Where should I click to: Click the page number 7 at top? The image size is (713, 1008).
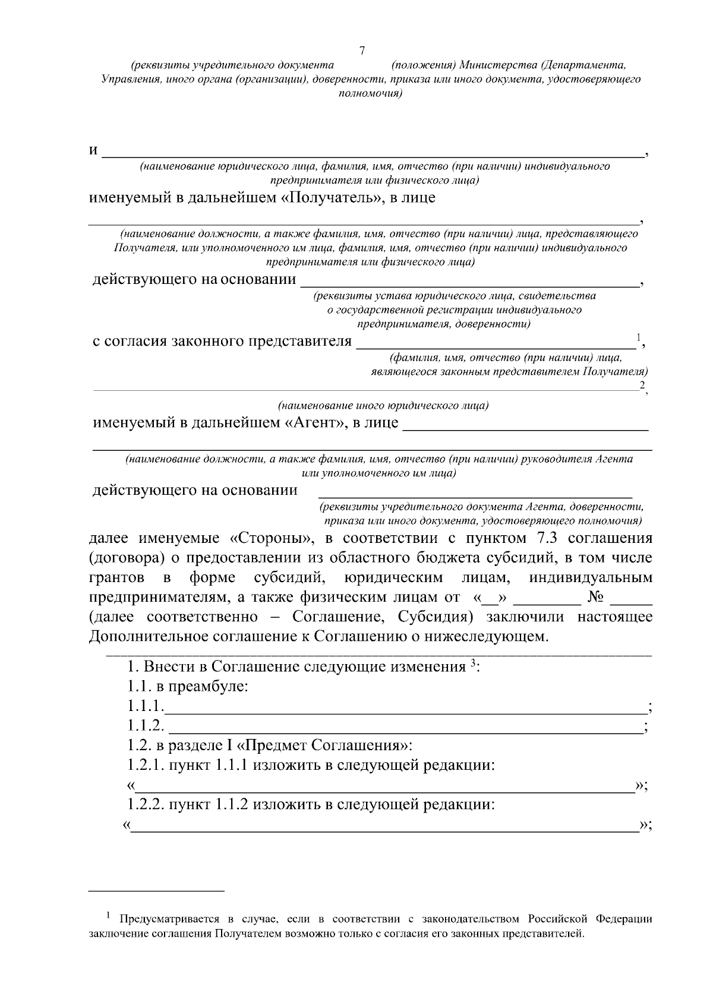[x=362, y=50]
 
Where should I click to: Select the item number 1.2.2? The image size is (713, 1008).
[x=146, y=805]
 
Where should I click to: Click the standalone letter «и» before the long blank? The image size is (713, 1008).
[x=93, y=150]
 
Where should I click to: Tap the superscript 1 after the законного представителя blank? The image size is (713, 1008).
[x=638, y=337]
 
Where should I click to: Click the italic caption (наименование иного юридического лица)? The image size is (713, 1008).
[x=383, y=406]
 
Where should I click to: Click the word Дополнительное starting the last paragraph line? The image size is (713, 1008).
[x=152, y=636]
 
